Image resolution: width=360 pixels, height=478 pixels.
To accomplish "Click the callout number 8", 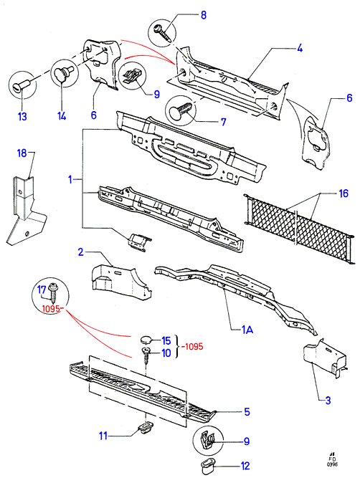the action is pyautogui.click(x=204, y=15).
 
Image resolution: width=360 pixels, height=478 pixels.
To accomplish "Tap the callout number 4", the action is pyautogui.click(x=300, y=48).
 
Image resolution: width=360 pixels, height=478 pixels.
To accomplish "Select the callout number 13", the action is pyautogui.click(x=22, y=116).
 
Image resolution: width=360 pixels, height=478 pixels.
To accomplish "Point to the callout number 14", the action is pyautogui.click(x=62, y=116).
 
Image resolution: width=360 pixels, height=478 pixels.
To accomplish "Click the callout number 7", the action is pyautogui.click(x=224, y=122).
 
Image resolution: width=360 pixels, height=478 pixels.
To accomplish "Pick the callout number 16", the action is pyautogui.click(x=344, y=193).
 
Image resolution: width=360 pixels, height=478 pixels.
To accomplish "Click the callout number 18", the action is pyautogui.click(x=22, y=153).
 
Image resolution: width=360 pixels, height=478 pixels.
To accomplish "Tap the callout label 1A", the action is pyautogui.click(x=247, y=330).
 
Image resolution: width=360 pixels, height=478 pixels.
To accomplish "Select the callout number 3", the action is pyautogui.click(x=328, y=401).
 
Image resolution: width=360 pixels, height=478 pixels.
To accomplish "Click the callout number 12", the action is pyautogui.click(x=245, y=466).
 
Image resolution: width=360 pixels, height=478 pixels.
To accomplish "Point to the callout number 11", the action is pyautogui.click(x=103, y=436).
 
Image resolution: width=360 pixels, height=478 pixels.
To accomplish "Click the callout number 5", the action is pyautogui.click(x=247, y=412).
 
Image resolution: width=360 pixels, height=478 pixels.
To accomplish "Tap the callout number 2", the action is pyautogui.click(x=80, y=252).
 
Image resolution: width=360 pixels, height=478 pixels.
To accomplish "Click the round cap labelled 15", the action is pyautogui.click(x=146, y=339).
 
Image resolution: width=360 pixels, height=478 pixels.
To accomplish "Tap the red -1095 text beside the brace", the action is pyautogui.click(x=192, y=347).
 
